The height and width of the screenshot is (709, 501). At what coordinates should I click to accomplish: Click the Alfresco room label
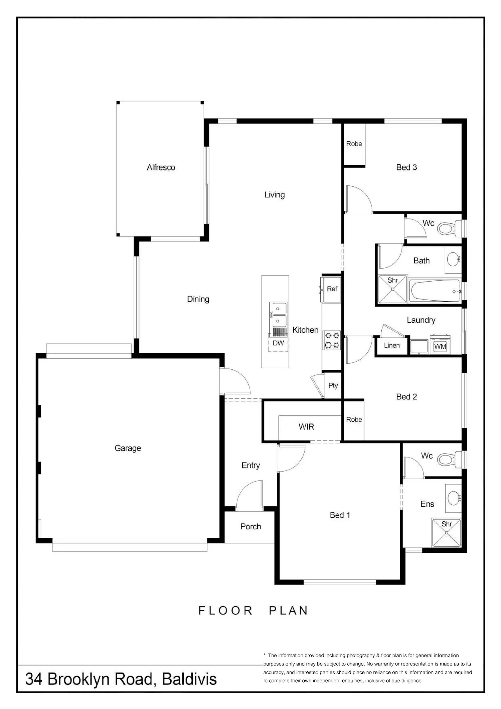[x=161, y=167]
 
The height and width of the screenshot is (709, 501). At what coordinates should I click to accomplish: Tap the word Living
[x=275, y=195]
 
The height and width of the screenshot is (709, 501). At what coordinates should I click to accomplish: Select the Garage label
[x=128, y=448]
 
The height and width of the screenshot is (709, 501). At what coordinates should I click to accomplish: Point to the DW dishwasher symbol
[x=278, y=343]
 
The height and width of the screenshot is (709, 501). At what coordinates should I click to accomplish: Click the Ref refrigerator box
[x=332, y=289]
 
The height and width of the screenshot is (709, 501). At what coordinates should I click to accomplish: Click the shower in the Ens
[x=446, y=533]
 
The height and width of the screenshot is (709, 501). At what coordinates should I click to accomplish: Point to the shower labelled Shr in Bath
[x=393, y=289]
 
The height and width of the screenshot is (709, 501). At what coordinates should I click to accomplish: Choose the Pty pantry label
[x=333, y=386]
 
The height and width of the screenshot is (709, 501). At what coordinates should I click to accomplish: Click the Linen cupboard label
[x=392, y=345]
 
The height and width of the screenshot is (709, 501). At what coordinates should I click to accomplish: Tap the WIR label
[x=306, y=427]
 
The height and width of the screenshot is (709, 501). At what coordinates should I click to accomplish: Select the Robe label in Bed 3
[x=354, y=144]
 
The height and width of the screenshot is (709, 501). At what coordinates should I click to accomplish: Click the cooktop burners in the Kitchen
[x=332, y=340]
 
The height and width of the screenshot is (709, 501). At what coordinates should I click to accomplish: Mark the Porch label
[x=251, y=526]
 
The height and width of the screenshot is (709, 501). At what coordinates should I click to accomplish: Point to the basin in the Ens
[x=454, y=498]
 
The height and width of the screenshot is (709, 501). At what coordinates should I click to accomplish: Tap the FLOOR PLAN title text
[x=253, y=610]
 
